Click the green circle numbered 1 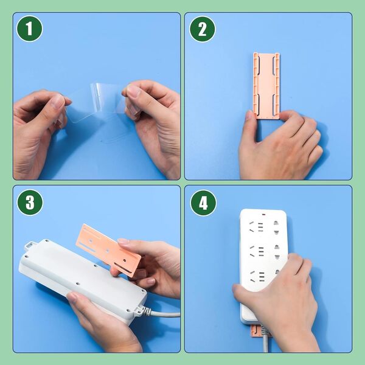coord(30,29)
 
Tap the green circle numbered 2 coord(203,29)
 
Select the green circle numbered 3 coord(30,203)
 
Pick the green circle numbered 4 coord(203,203)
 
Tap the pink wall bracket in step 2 coord(266,86)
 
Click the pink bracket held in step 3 coord(109,250)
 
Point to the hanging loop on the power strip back coord(30,246)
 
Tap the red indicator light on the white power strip coord(263,214)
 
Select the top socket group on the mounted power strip coord(263,226)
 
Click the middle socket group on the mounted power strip coord(263,251)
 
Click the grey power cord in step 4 coord(265,338)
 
